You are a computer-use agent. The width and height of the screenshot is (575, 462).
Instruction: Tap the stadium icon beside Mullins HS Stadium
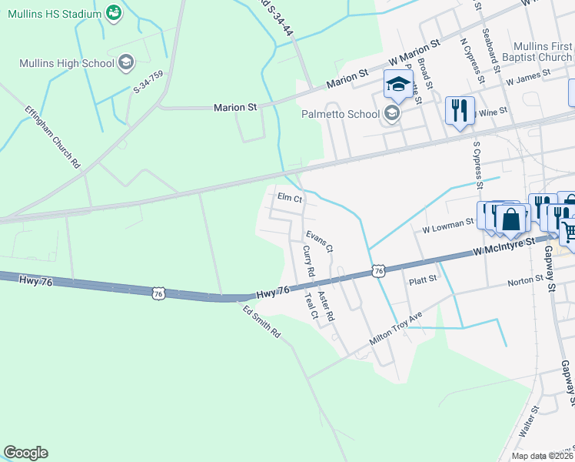pos(114,13)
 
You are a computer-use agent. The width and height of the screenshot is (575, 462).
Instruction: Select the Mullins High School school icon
pos(127,63)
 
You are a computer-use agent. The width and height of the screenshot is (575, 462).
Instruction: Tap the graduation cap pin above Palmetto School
pos(398,85)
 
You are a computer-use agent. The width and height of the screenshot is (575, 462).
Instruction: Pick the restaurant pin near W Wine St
pos(460,110)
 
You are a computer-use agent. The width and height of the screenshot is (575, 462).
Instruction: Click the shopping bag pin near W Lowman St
pos(511,219)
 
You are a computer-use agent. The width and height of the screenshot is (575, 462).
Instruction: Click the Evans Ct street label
pos(319,241)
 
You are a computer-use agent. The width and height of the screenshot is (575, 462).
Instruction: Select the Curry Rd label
pos(309,261)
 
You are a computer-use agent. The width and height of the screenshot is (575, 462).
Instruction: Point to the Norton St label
pos(527,283)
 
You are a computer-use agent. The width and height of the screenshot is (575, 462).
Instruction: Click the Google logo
pos(25,453)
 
